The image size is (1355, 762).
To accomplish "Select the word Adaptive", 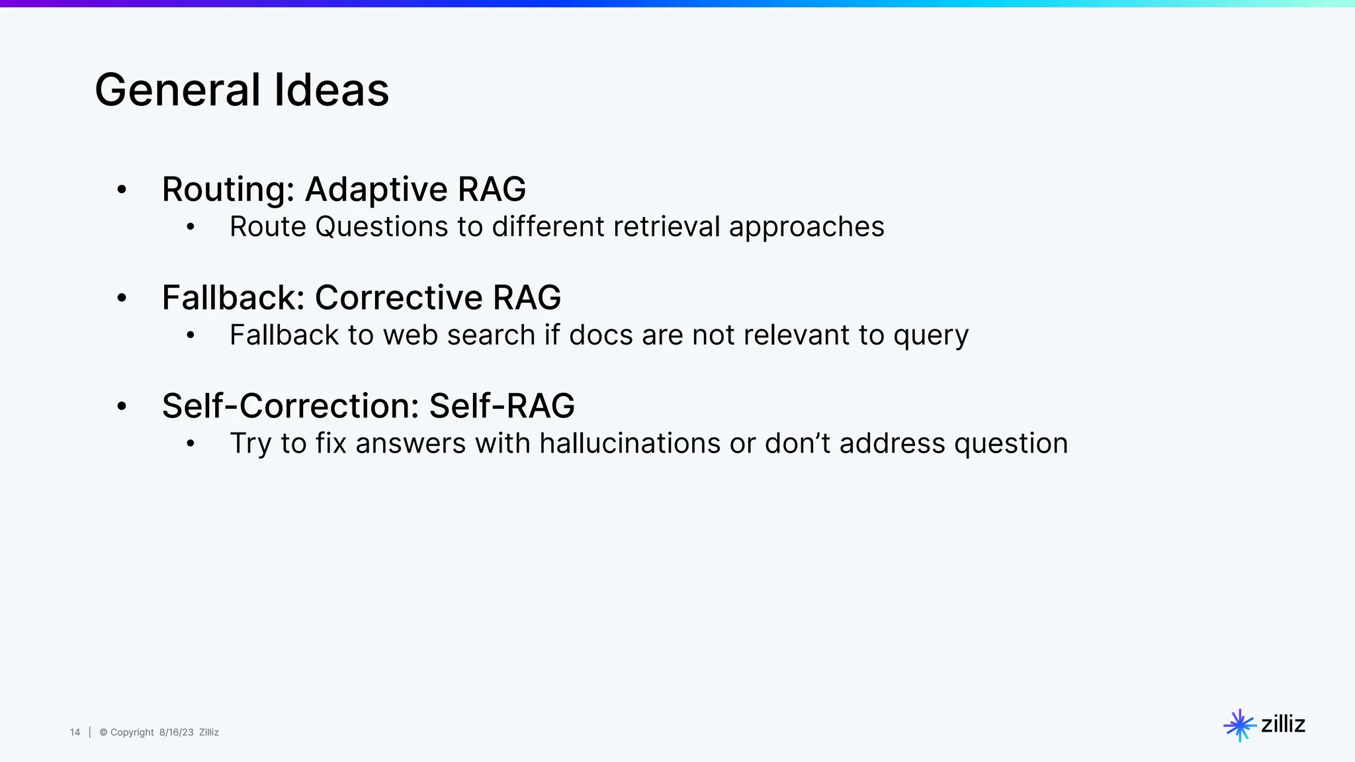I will click(x=376, y=190).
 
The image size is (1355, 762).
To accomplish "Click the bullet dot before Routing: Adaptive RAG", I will click(x=122, y=190).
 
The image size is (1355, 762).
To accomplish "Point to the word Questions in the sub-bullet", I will click(x=381, y=228).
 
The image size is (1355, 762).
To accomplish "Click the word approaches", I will click(x=807, y=228).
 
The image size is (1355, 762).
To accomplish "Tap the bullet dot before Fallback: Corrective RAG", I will click(x=122, y=298).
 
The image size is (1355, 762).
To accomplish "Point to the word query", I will click(x=930, y=336).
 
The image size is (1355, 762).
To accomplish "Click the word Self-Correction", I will click(x=290, y=405).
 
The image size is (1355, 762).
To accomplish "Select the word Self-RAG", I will click(x=502, y=405).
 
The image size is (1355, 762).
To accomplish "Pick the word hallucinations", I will click(x=629, y=443).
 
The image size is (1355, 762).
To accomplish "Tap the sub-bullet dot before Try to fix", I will click(x=191, y=444).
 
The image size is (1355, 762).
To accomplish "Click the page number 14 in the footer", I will click(x=75, y=732).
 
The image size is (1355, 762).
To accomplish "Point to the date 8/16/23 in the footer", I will click(x=176, y=732).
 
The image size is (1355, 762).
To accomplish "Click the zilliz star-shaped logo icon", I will click(x=1239, y=725).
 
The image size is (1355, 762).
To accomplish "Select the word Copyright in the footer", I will click(x=132, y=732).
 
